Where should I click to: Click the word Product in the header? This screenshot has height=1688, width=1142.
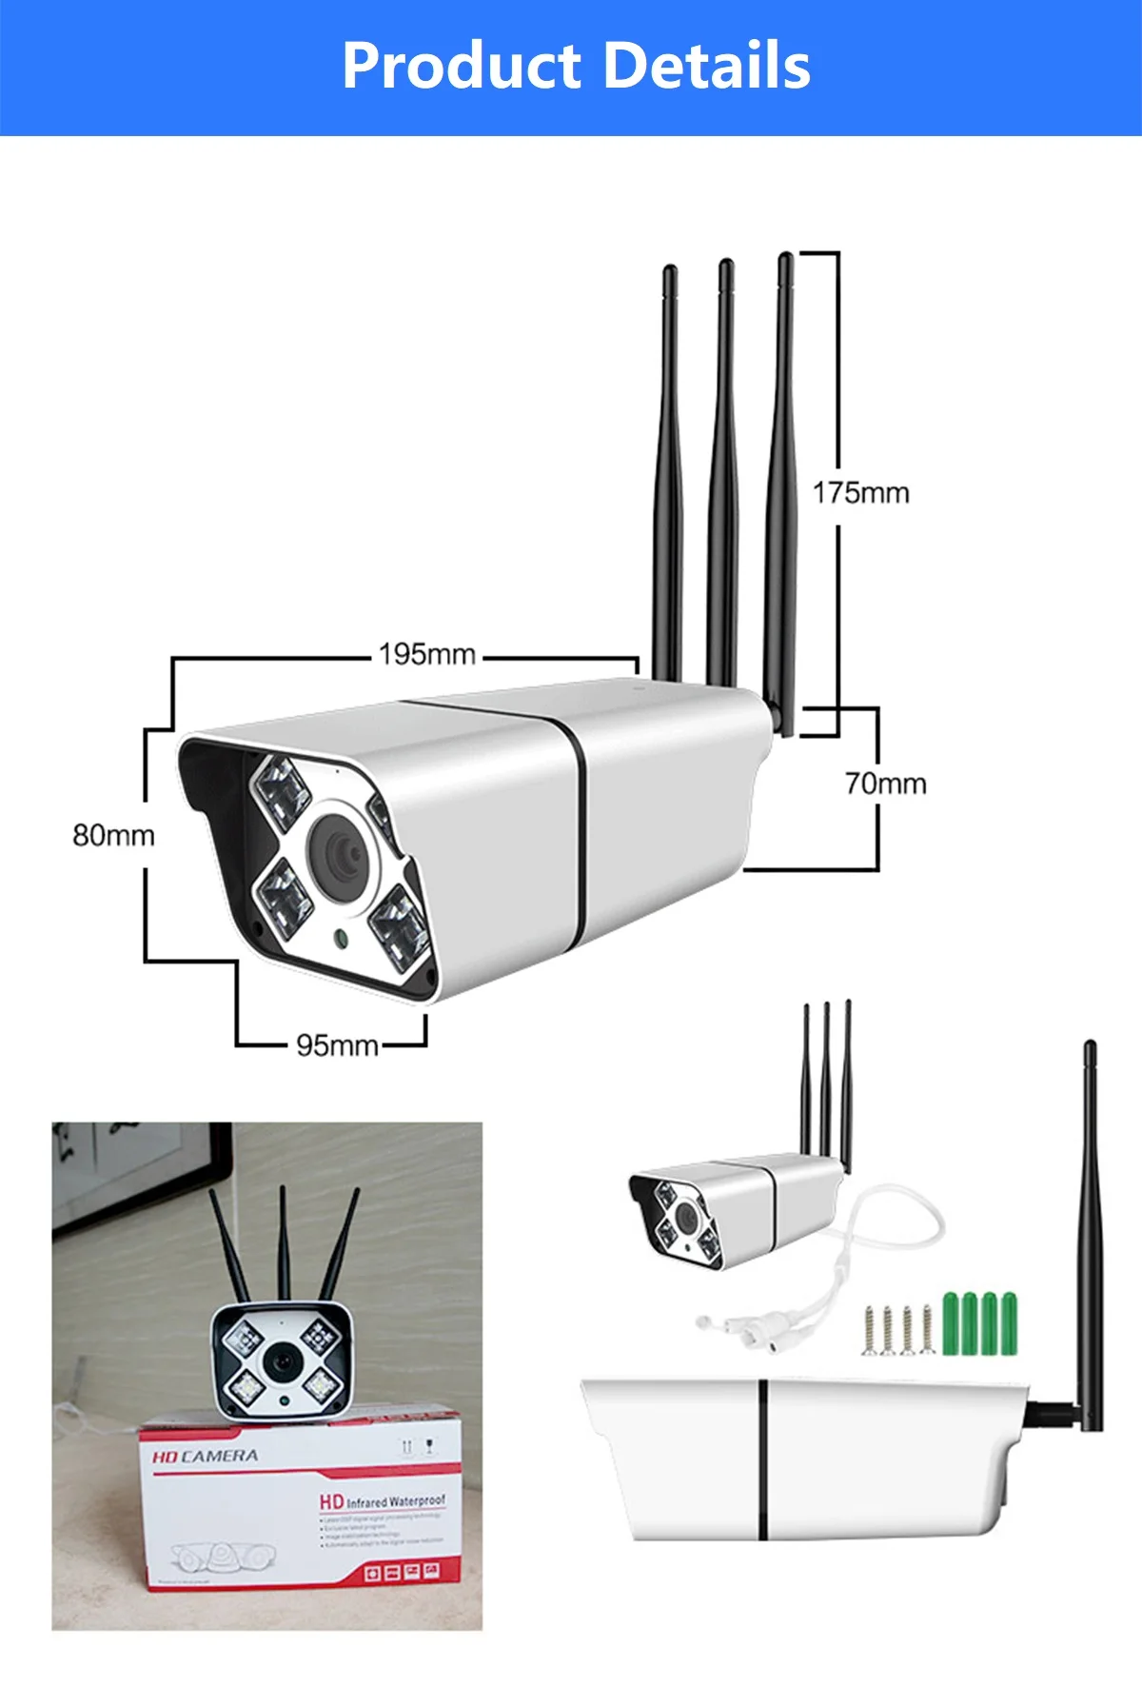coord(462,66)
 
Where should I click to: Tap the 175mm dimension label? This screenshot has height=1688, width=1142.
coord(860,493)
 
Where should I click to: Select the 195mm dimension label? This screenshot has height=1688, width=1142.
coord(427,655)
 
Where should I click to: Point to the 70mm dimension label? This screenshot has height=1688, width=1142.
coord(885,784)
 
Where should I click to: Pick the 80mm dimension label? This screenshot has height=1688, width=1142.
coord(113,835)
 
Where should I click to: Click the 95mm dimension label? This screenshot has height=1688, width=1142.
coord(337,1045)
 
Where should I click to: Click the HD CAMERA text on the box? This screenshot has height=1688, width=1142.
coord(205,1457)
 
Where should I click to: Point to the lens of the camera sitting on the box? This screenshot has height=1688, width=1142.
coord(283,1361)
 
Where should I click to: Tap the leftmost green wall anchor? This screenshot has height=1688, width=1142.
coord(949,1322)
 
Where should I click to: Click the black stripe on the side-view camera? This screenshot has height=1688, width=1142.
coord(762,1459)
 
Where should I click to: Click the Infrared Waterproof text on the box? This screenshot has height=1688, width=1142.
coord(394,1501)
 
